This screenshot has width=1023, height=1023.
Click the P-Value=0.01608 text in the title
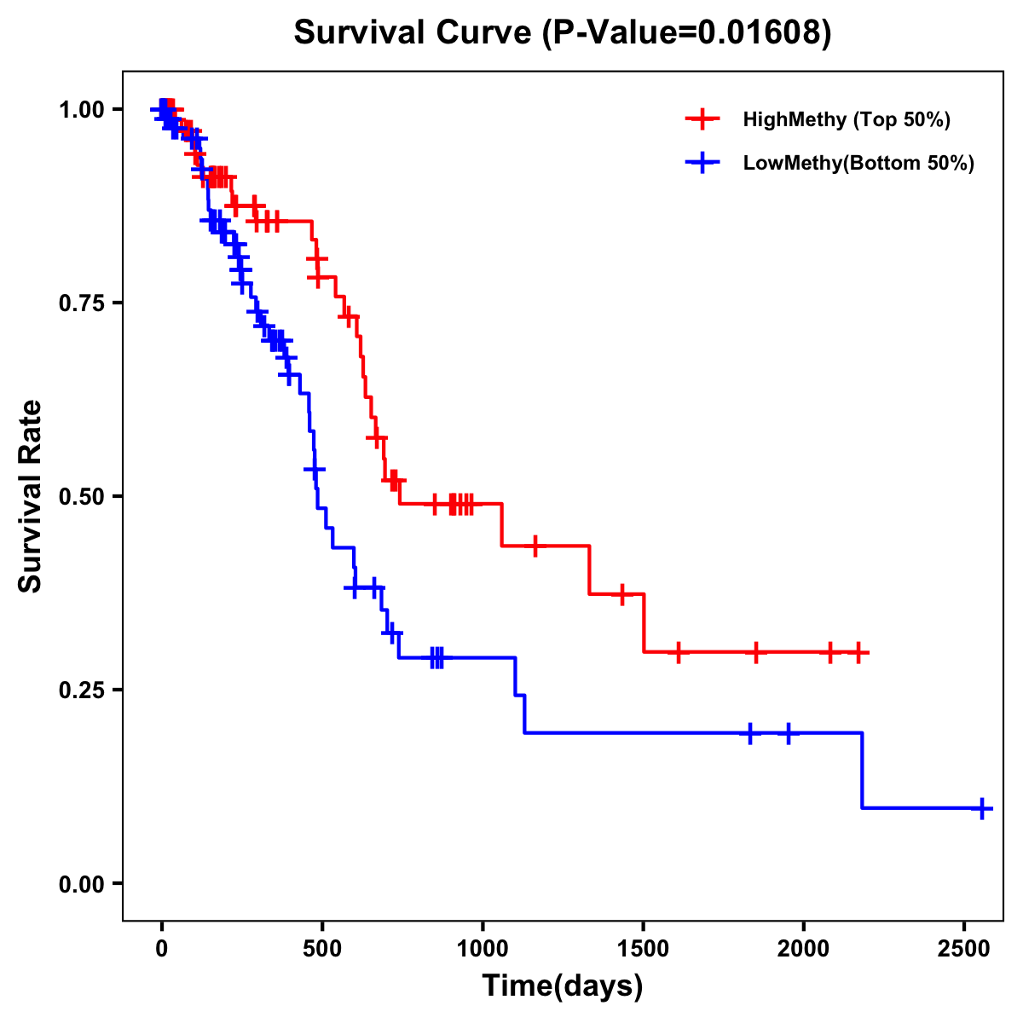click(x=688, y=32)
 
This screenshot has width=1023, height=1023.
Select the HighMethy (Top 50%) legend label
click(x=846, y=119)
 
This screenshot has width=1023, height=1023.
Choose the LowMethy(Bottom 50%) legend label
click(x=858, y=163)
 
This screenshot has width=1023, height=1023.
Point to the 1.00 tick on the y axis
click(x=83, y=109)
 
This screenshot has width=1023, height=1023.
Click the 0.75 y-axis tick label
click(x=83, y=303)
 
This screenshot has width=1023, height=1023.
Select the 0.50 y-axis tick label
click(x=83, y=496)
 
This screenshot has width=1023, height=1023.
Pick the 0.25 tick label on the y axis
click(x=83, y=690)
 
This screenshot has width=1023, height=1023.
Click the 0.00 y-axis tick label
click(x=83, y=883)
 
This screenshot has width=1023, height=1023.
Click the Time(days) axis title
click(x=563, y=987)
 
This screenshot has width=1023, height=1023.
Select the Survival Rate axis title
click(x=31, y=496)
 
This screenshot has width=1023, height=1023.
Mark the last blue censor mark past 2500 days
click(x=982, y=807)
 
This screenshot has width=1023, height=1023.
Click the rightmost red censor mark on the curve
click(x=858, y=652)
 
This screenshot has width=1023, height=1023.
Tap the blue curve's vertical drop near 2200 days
click(x=862, y=770)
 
